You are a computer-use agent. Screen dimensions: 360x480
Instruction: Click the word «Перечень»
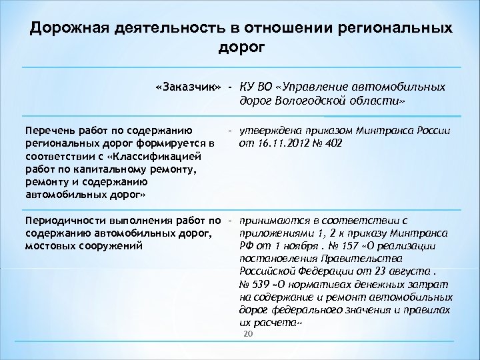pos(49,131)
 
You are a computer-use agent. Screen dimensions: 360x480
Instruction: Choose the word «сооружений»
pos(111,245)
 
